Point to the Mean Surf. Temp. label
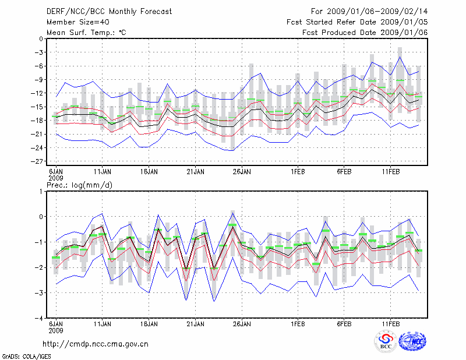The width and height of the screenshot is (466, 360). [x=86, y=32]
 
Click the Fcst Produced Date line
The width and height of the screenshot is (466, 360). [x=365, y=32]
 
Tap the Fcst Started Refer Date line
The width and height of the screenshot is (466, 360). [x=357, y=22]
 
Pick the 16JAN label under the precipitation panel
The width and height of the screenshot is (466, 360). [x=149, y=323]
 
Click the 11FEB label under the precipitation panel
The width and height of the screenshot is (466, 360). [x=390, y=323]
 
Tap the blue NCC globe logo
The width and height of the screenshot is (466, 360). [x=412, y=341]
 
